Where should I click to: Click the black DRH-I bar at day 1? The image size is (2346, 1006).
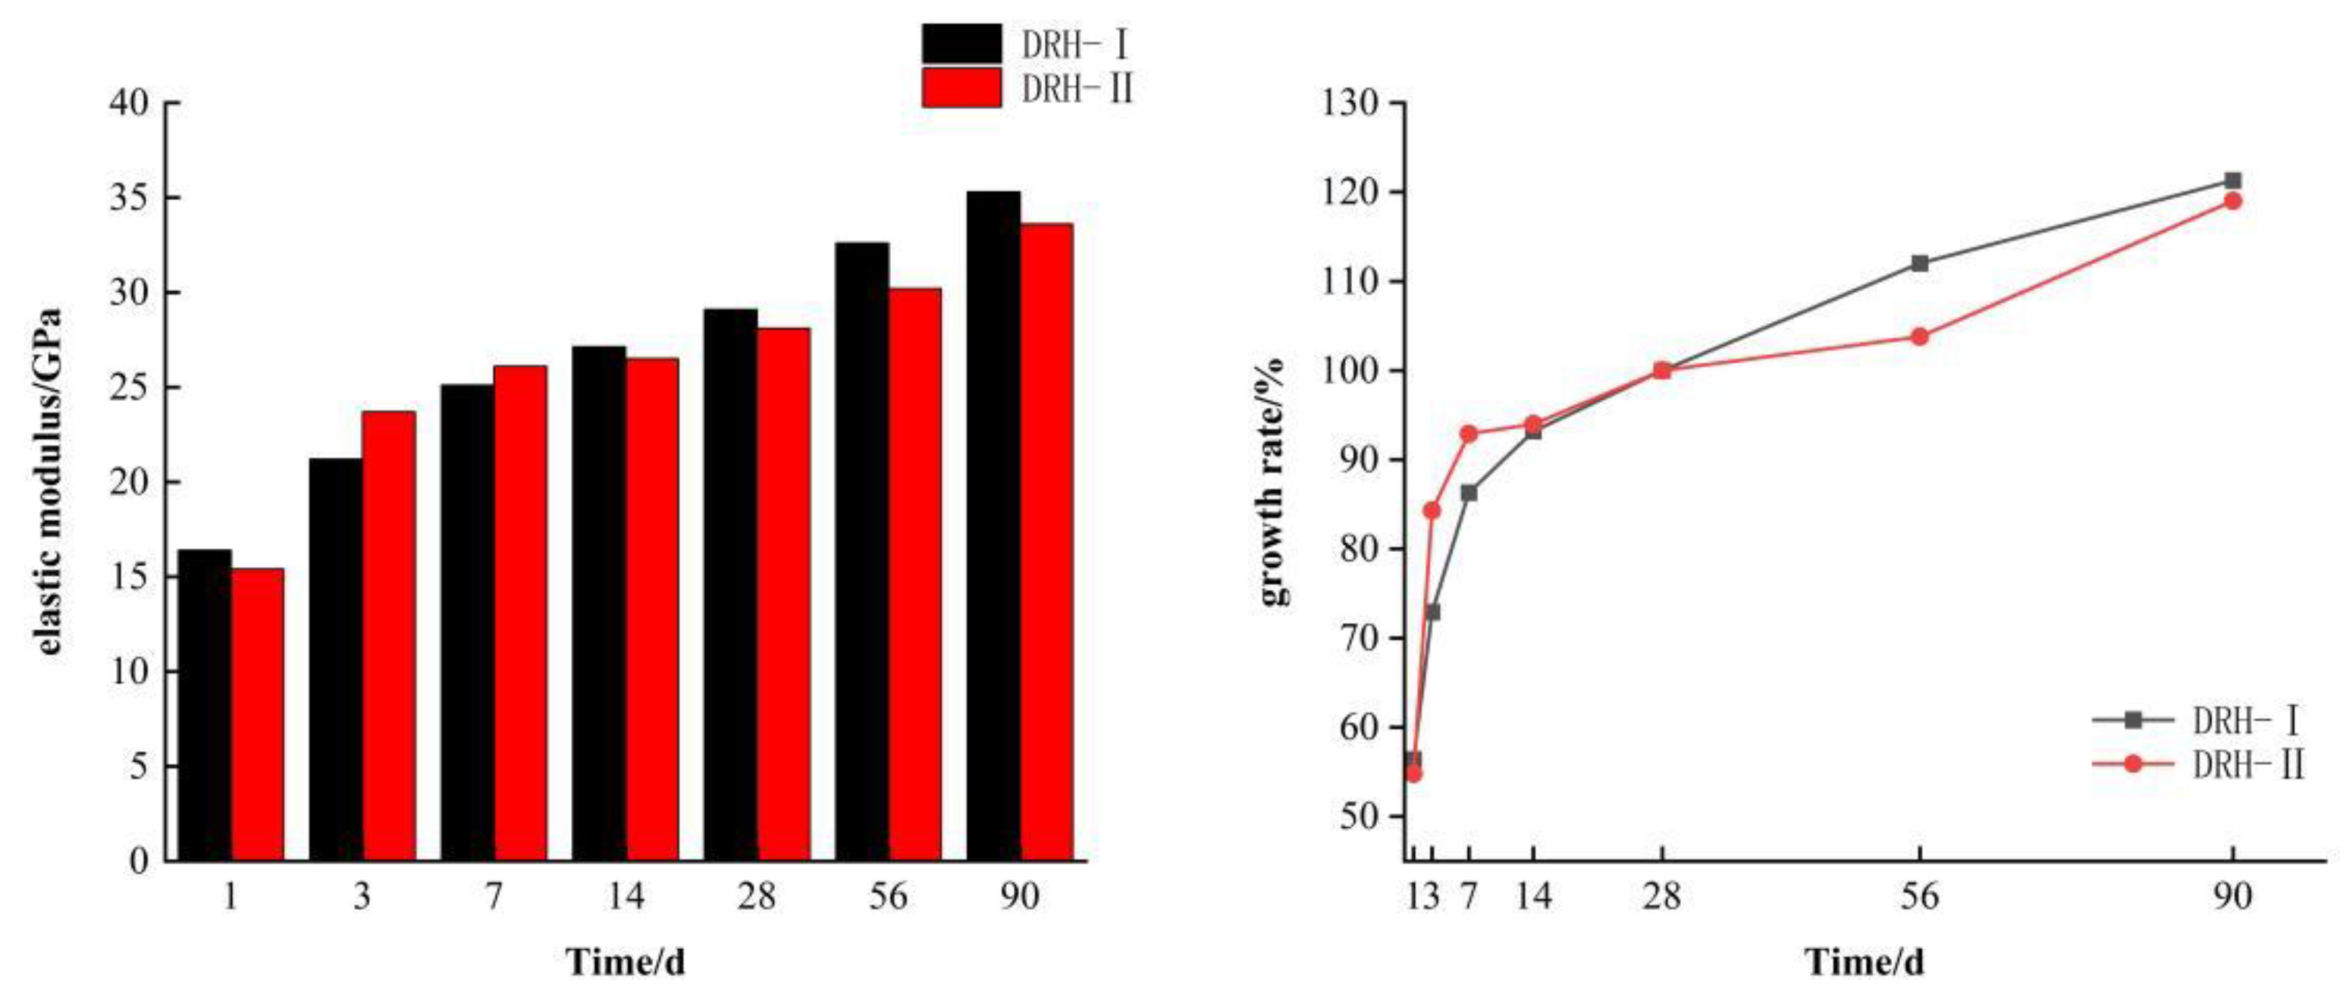coord(204,705)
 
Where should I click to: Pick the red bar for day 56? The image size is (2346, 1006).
coord(914,574)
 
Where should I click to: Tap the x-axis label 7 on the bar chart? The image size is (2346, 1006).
coord(493,898)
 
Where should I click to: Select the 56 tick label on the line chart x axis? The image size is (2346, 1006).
coord(1919,898)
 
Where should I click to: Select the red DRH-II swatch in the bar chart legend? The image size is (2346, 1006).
coord(961,88)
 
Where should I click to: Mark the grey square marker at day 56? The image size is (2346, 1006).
coord(1920,264)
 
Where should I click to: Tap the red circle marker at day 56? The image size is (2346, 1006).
coord(1920,337)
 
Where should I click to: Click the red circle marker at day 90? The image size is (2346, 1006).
coord(2232,201)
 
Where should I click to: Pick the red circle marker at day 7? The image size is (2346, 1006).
coord(1469,434)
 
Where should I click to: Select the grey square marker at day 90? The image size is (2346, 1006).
coord(2232,180)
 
